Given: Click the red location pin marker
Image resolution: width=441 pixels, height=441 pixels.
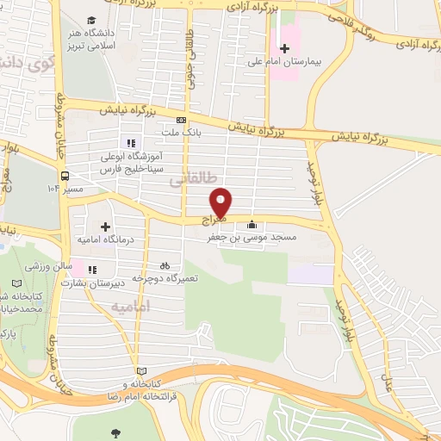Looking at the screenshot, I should click(222, 202).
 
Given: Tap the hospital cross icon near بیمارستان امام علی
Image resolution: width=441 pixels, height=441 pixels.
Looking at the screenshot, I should click(285, 49).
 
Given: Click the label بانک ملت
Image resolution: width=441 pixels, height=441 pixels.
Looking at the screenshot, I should click(181, 134).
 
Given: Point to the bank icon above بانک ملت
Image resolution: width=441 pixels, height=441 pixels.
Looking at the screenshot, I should click(181, 121).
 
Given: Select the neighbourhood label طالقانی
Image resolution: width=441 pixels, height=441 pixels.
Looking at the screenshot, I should click(189, 180).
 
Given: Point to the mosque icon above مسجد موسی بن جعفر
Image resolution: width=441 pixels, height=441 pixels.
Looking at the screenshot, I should click(251, 224).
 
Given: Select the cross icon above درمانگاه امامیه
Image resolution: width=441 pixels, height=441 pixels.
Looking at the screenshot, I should click(106, 227).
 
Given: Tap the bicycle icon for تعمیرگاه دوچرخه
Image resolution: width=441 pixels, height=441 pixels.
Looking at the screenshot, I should click(165, 266).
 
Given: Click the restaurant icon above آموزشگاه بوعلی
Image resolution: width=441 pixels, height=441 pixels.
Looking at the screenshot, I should click(130, 143).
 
